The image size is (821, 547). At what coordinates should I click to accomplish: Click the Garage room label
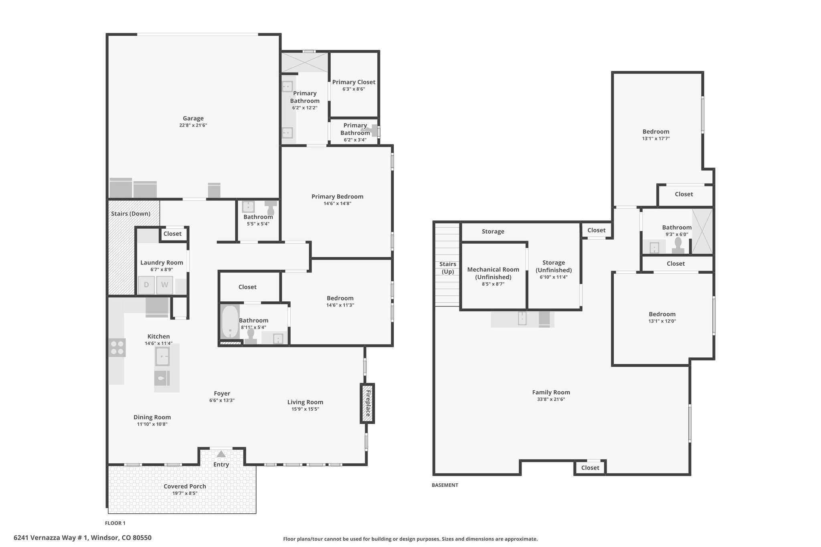193,118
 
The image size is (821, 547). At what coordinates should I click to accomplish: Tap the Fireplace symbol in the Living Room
367,403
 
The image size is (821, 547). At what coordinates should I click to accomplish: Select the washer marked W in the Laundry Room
165,285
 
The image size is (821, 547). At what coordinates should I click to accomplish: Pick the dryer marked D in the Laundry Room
146,285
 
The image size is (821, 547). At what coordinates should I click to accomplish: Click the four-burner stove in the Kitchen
117,348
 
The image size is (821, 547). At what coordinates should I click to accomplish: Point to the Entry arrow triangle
221,454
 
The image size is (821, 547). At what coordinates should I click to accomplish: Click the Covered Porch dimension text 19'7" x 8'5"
185,493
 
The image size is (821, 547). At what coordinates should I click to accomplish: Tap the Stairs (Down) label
131,214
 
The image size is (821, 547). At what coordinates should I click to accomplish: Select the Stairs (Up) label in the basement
447,268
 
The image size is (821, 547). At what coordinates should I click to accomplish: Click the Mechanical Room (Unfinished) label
493,273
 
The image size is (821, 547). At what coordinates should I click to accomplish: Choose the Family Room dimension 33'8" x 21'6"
551,400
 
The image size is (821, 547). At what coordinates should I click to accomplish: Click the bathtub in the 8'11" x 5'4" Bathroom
230,322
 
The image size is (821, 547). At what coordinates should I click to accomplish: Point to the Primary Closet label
354,82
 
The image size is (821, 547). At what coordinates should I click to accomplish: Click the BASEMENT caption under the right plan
445,485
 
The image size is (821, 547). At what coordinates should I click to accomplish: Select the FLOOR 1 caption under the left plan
115,523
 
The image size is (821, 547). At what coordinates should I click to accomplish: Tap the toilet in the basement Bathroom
678,246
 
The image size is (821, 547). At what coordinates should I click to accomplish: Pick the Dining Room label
152,417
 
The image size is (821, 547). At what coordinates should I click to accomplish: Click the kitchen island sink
162,357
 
